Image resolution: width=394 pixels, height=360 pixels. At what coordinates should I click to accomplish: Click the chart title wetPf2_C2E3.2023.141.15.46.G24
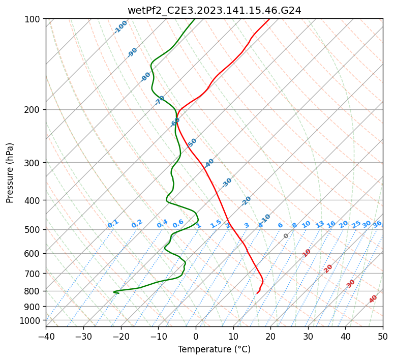click(214, 10)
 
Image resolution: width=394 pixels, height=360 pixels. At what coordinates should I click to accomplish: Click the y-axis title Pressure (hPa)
click(10, 173)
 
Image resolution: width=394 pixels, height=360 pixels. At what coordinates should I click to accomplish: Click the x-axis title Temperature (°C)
click(214, 349)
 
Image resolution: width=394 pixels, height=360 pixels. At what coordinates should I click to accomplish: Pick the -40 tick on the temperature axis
click(46, 336)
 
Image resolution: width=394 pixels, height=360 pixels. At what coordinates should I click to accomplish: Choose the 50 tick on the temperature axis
click(383, 336)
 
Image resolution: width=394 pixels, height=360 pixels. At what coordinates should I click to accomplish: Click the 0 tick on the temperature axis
click(196, 336)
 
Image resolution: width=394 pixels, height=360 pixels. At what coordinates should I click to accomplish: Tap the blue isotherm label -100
click(121, 26)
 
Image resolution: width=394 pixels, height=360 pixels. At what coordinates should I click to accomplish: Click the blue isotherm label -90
click(133, 52)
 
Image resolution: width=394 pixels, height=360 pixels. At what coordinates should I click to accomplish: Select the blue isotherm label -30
click(227, 182)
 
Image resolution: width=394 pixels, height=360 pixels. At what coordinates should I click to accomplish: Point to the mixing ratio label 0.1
click(113, 224)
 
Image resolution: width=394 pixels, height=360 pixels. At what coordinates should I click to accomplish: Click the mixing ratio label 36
click(377, 224)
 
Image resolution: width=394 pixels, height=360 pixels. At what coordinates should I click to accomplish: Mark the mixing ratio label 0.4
click(162, 224)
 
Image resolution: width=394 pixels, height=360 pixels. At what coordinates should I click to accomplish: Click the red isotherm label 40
click(373, 299)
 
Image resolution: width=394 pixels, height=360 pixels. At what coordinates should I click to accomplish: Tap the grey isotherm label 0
click(286, 236)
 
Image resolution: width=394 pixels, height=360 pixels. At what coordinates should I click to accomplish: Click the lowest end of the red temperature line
click(257, 293)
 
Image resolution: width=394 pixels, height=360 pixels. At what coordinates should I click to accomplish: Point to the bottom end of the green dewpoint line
click(118, 293)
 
